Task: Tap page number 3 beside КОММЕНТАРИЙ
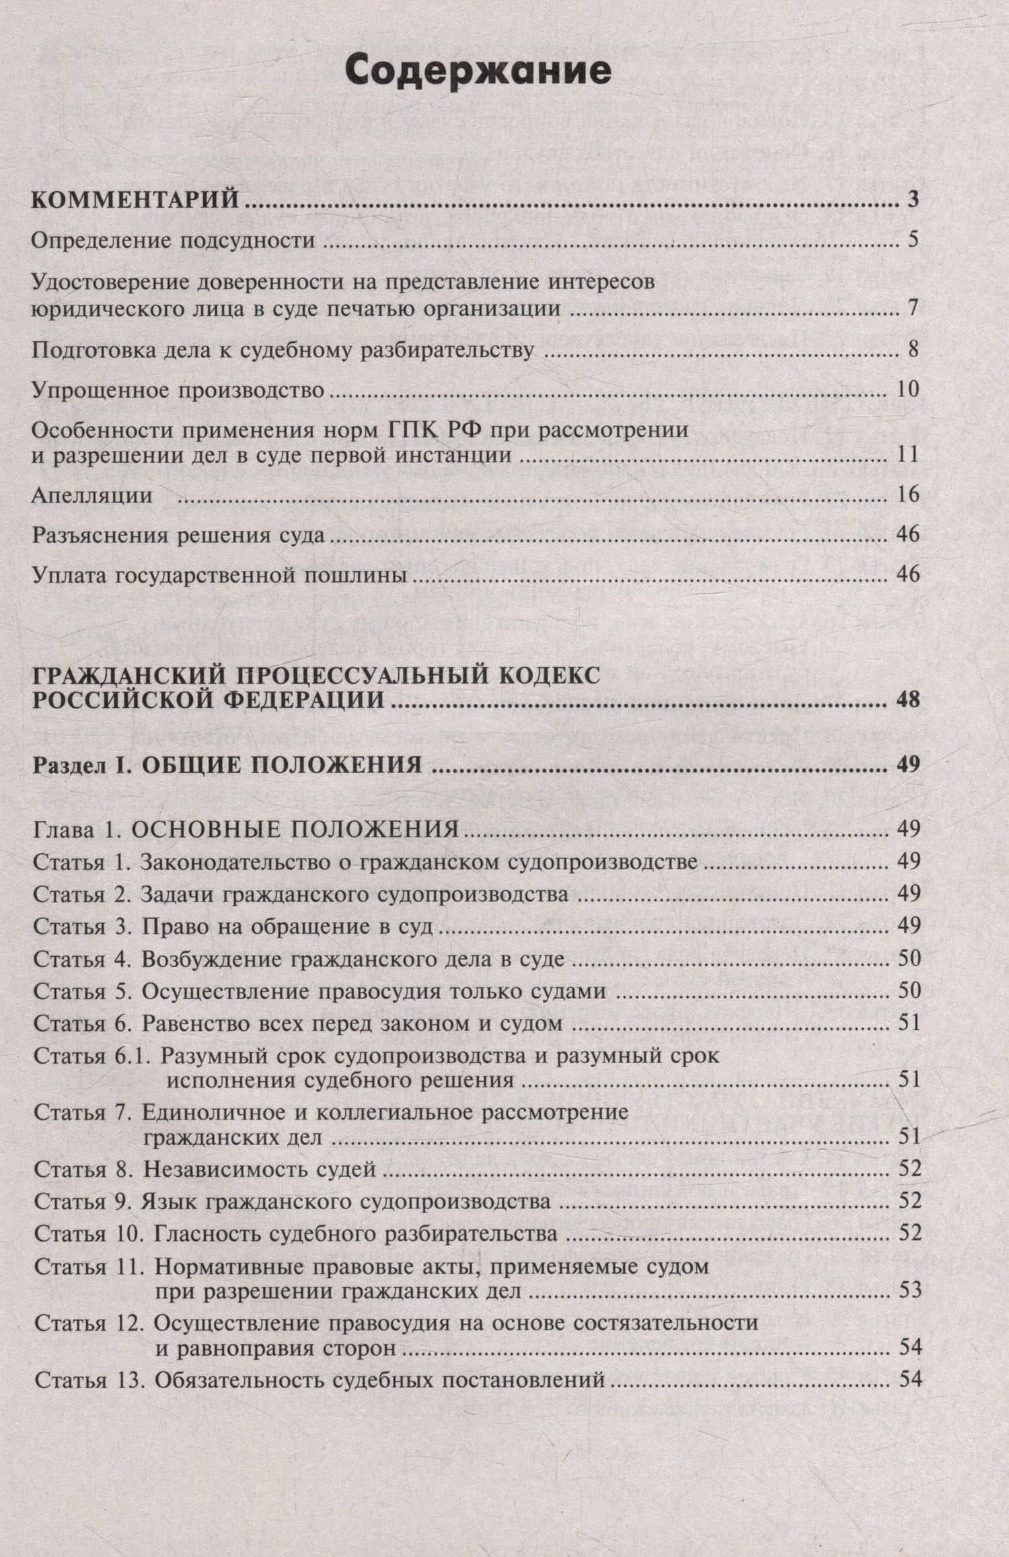click(x=912, y=201)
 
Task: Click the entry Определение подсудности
click(x=174, y=240)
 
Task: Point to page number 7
click(x=912, y=309)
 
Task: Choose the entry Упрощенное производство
click(x=178, y=390)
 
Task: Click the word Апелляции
click(x=92, y=496)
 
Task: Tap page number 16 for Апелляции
click(x=907, y=495)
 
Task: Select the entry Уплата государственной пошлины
click(x=220, y=576)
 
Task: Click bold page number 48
click(x=907, y=700)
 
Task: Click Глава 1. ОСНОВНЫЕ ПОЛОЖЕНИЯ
click(x=246, y=830)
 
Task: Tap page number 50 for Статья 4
click(x=908, y=959)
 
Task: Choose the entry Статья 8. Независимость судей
click(x=204, y=1169)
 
